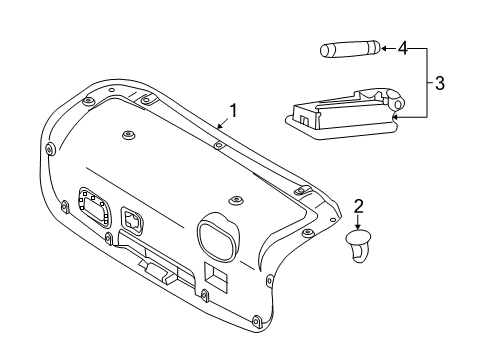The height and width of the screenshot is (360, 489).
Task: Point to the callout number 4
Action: click(403, 47)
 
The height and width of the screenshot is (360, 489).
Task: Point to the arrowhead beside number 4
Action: click(384, 48)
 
